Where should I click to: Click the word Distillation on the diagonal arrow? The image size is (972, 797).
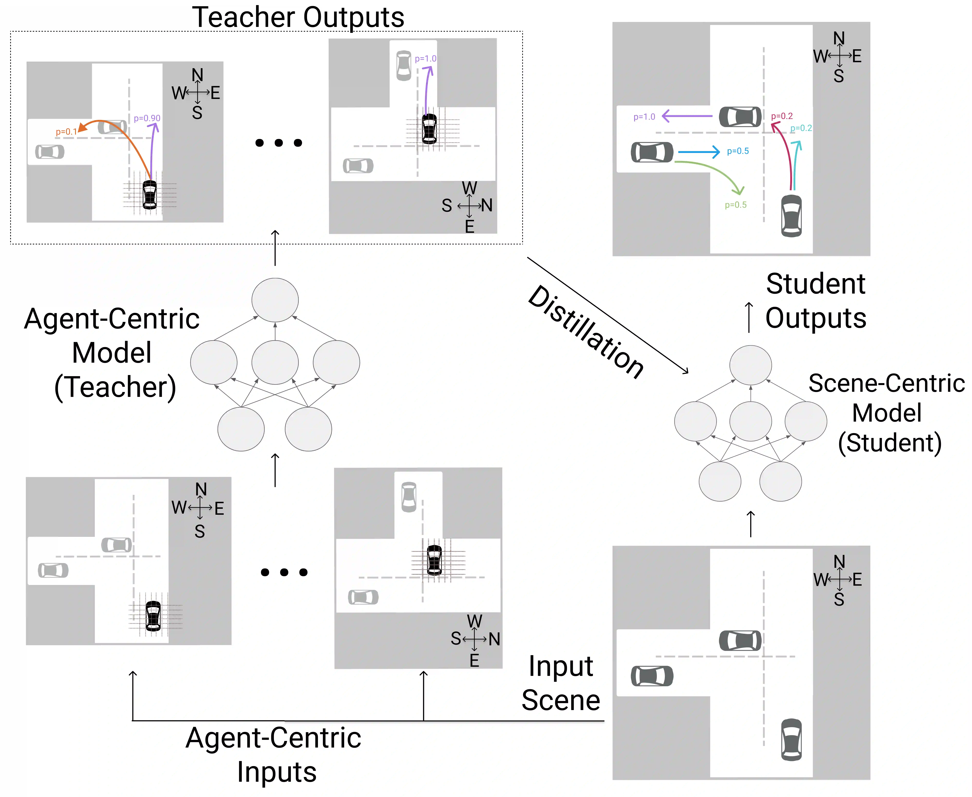coord(586,332)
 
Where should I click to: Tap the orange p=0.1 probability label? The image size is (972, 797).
coord(66,132)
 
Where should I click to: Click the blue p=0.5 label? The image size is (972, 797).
coord(738,151)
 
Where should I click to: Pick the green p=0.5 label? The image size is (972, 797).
coord(735,205)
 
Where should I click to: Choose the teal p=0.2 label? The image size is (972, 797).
coord(801,128)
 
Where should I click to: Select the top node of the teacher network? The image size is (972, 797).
coord(275,300)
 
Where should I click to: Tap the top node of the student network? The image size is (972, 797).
coord(751,365)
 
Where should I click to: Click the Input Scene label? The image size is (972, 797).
coord(561,683)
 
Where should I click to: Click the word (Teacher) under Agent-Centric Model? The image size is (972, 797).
coord(115,387)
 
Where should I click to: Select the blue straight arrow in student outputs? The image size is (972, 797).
coord(698,151)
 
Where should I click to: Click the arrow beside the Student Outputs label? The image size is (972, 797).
coord(749,317)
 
